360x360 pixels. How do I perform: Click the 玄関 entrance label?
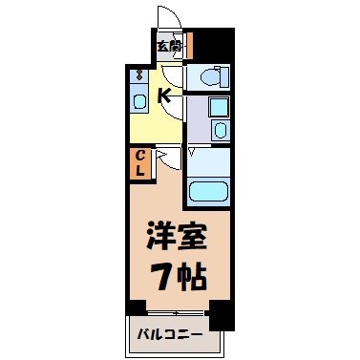(168, 45)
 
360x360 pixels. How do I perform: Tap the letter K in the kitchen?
(164, 95)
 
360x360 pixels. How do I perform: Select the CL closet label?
(139, 162)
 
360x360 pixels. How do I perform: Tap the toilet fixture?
(209, 75)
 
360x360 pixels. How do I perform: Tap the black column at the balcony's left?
(136, 308)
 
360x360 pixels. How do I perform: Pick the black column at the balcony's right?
(219, 313)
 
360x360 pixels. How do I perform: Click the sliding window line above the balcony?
(177, 312)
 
